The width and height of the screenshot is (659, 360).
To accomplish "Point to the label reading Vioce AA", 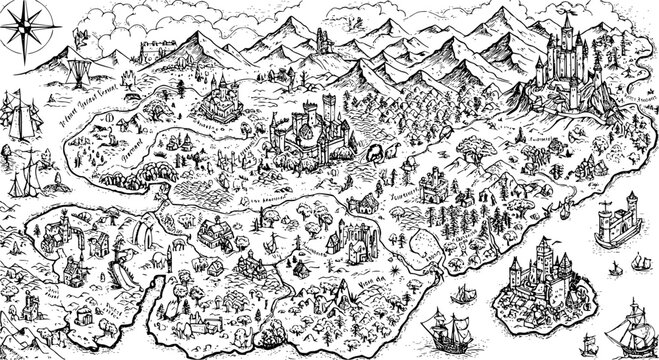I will [374, 281].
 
